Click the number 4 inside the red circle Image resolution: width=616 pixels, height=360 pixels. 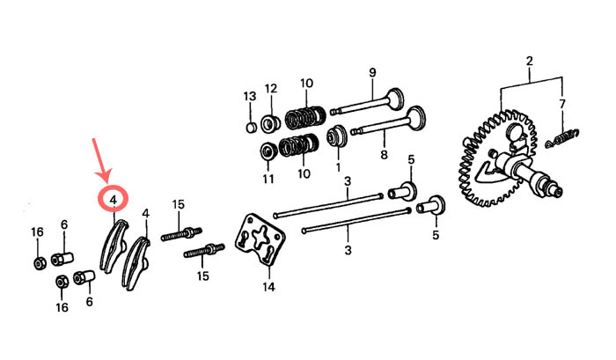coord(114,200)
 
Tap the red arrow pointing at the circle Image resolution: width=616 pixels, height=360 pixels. coord(100,160)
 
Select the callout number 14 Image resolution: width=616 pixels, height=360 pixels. coord(268,287)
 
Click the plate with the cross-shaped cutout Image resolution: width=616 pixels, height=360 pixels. coord(260,238)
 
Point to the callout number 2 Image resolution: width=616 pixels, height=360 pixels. coord(529,62)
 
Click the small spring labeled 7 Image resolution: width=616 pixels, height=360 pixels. coord(562,138)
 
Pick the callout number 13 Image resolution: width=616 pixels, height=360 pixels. coord(250,96)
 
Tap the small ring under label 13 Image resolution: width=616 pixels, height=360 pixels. coord(251,128)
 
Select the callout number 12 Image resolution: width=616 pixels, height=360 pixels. coord(271,88)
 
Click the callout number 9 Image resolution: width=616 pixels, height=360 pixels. coord(372,73)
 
